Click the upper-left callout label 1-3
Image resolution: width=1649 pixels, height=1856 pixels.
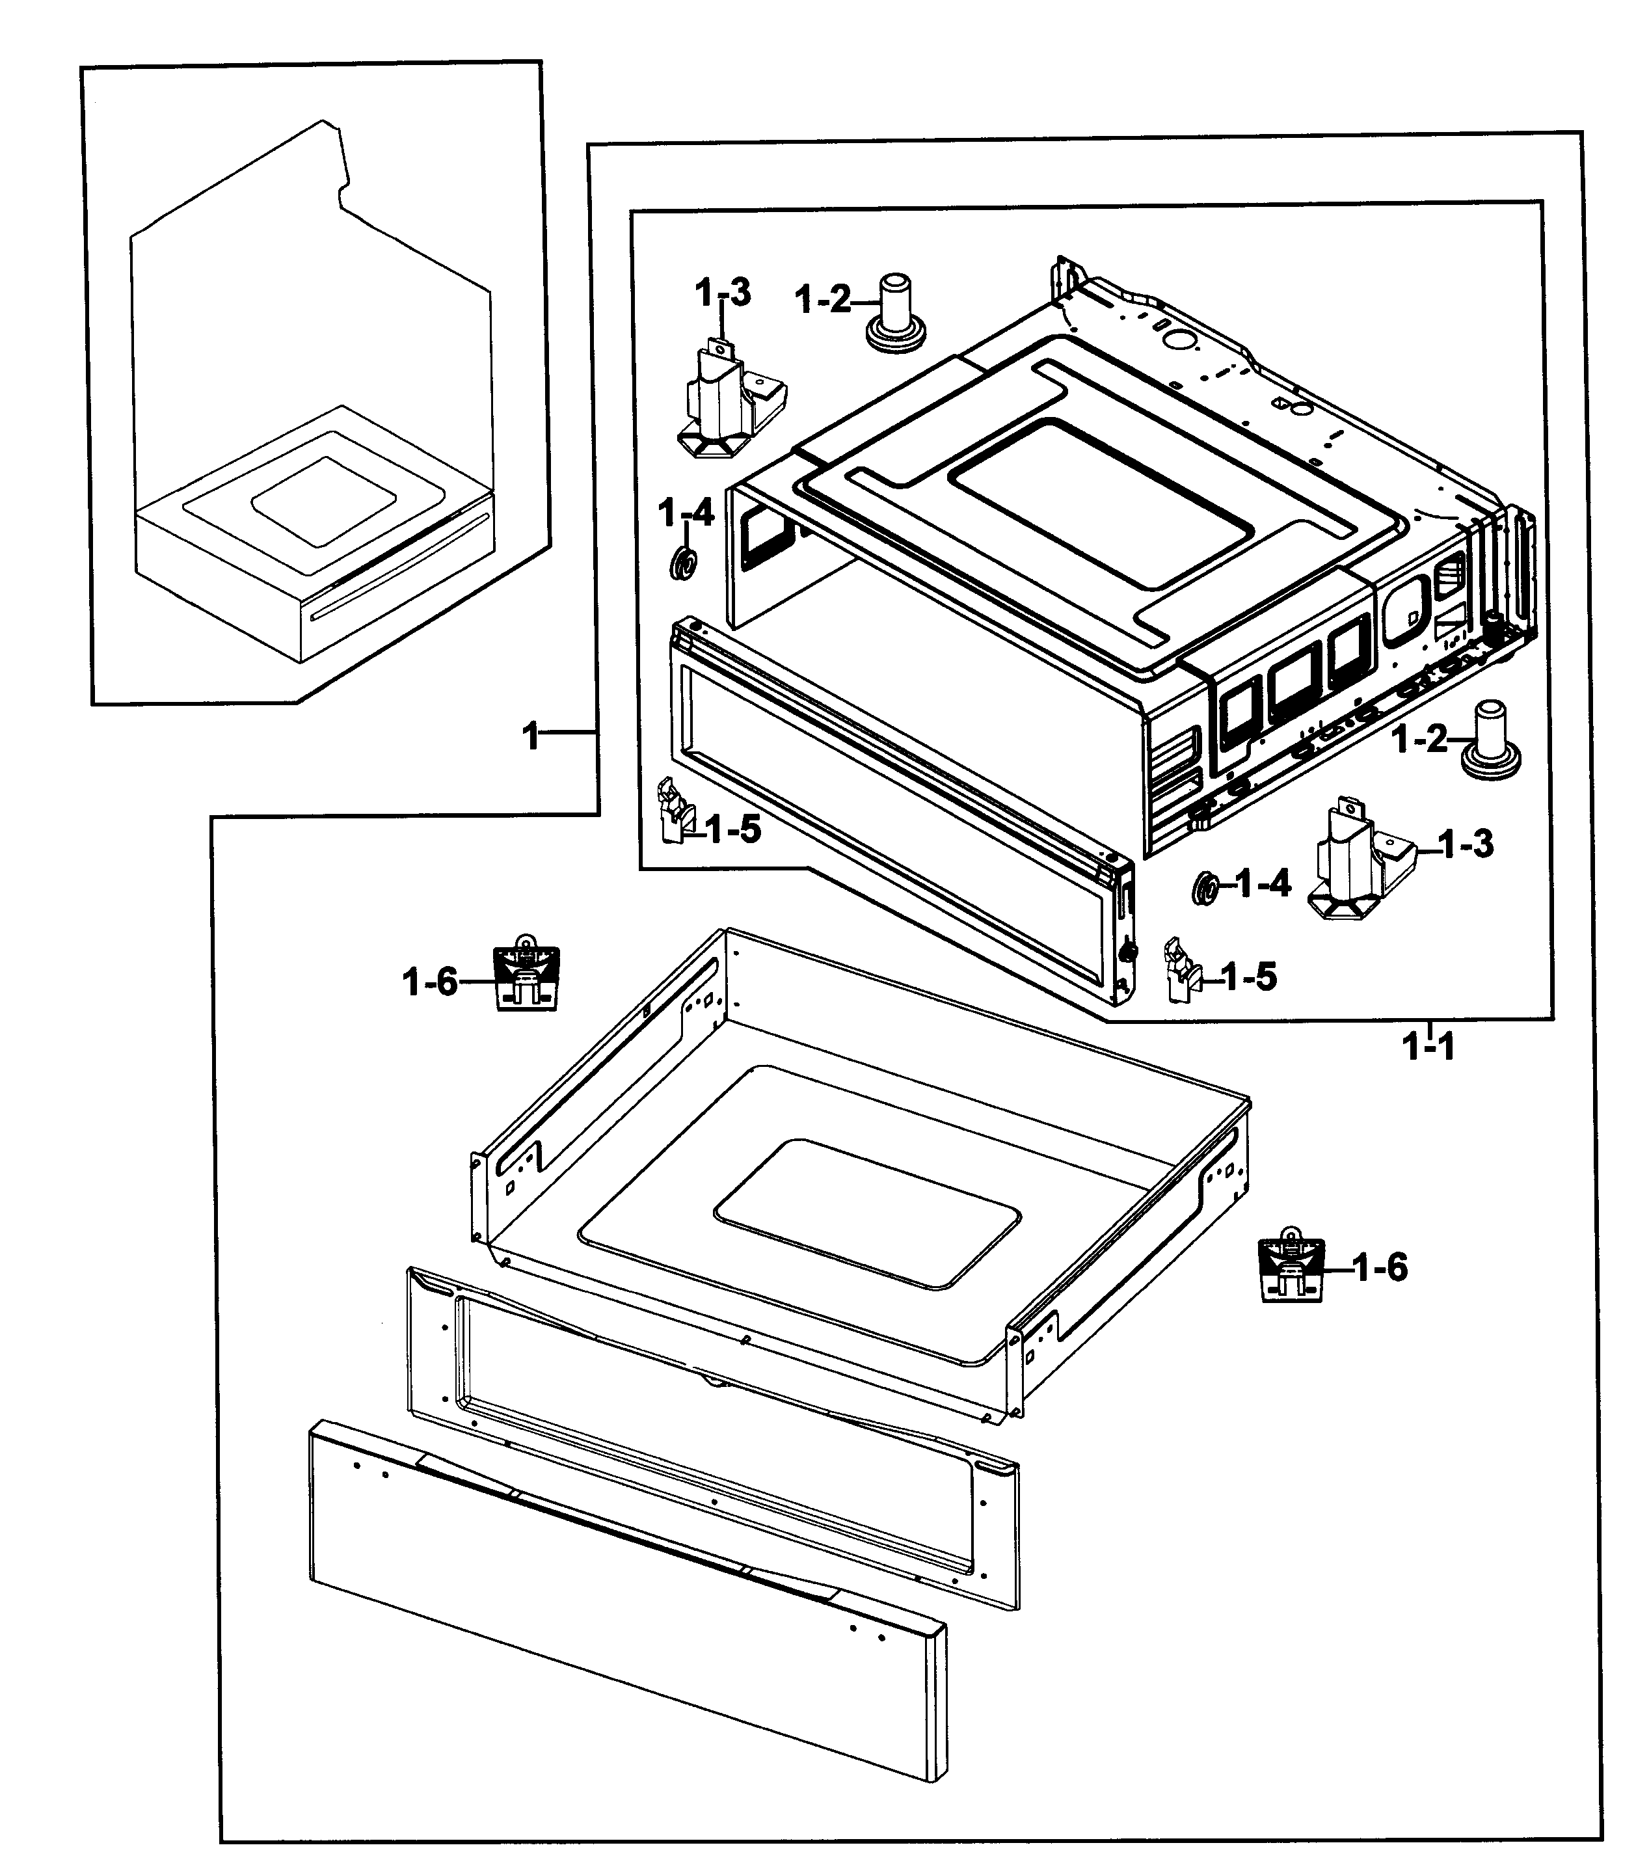click(x=723, y=293)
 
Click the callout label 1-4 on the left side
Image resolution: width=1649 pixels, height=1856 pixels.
click(x=686, y=514)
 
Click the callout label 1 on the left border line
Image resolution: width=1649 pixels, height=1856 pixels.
click(x=531, y=736)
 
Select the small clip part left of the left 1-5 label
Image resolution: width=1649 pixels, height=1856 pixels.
click(x=672, y=810)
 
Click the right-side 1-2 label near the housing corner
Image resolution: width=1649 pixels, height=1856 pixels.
click(x=1420, y=739)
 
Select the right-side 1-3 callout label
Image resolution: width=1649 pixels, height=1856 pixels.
click(x=1466, y=844)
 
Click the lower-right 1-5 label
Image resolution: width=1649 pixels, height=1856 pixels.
click(x=1248, y=977)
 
